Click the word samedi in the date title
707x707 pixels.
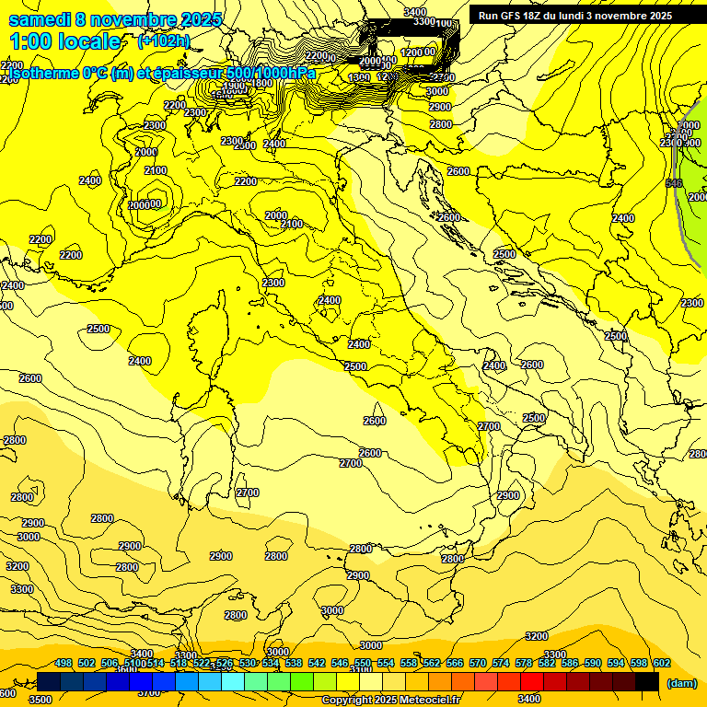pyautogui.click(x=41, y=19)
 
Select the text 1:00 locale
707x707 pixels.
pyautogui.click(x=66, y=41)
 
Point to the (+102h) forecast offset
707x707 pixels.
pyautogui.click(x=164, y=41)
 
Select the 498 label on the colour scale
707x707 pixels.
pyautogui.click(x=64, y=663)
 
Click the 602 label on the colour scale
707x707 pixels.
pyautogui.click(x=661, y=663)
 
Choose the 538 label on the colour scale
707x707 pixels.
pyautogui.click(x=294, y=663)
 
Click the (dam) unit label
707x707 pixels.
pyautogui.click(x=681, y=683)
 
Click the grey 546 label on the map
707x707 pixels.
pyautogui.click(x=673, y=183)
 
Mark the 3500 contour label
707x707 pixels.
pyautogui.click(x=40, y=700)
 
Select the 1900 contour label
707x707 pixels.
pyautogui.click(x=235, y=85)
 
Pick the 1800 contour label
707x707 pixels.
pyautogui.click(x=262, y=84)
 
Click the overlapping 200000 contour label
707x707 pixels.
pyautogui.click(x=145, y=204)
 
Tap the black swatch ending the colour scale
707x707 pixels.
pyautogui.click(x=646, y=681)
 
